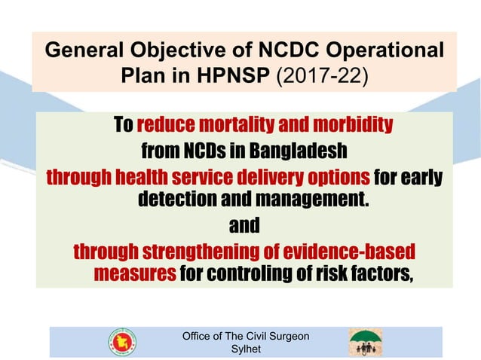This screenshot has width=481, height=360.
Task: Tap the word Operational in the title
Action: pos(389,50)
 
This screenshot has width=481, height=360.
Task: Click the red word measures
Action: pos(134,273)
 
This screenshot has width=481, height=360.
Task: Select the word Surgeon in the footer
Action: pos(284,336)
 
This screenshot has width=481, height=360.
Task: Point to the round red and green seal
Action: pos(121,342)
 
